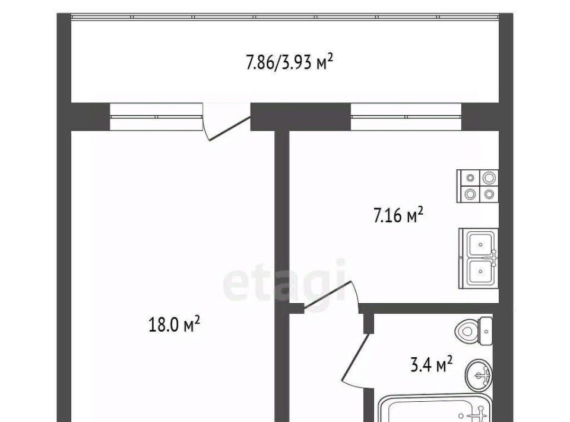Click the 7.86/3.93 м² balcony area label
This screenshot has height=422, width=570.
[289, 62]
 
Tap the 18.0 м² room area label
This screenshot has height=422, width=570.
[174, 324]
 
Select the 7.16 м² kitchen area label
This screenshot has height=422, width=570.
[398, 215]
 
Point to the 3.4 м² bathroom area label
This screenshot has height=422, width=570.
[432, 364]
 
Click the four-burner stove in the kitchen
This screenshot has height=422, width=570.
[477, 186]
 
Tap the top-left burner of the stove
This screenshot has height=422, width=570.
[470, 178]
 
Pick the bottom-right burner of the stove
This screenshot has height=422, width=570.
[489, 194]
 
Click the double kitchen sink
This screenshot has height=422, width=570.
[479, 259]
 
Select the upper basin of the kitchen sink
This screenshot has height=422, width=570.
[480, 244]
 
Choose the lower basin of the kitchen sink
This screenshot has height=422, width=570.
[480, 272]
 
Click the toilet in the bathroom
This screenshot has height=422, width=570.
[474, 331]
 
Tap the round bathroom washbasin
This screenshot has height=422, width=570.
[479, 376]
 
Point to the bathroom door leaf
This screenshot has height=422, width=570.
[355, 358]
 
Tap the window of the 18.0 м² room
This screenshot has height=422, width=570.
[156, 116]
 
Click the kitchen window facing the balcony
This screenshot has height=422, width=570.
[406, 116]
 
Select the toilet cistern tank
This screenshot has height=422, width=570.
[486, 331]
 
